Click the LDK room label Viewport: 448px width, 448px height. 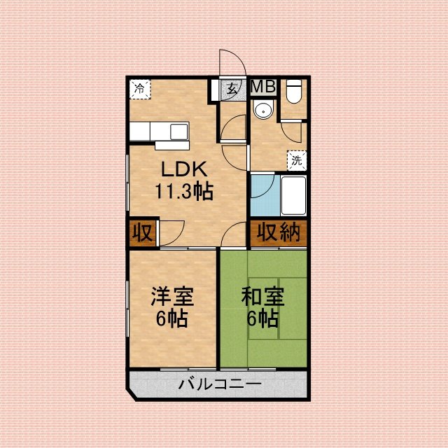point(184,169)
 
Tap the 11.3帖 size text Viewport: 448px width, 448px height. point(184,191)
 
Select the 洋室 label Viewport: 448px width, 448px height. point(173,297)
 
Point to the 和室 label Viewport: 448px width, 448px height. point(263,297)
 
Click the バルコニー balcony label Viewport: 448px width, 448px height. point(220,384)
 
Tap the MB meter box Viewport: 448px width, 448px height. point(263,87)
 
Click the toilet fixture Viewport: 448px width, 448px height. point(294,91)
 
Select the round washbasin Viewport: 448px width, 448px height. point(263,110)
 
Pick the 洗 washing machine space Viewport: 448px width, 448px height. point(297,160)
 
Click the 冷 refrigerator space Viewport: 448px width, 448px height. point(140,90)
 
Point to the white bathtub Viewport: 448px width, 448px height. point(293,196)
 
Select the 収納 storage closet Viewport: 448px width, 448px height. point(279,232)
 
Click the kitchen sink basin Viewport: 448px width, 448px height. point(179,132)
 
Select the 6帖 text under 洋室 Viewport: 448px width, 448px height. point(172,318)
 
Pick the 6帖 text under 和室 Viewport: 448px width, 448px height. point(262,318)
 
